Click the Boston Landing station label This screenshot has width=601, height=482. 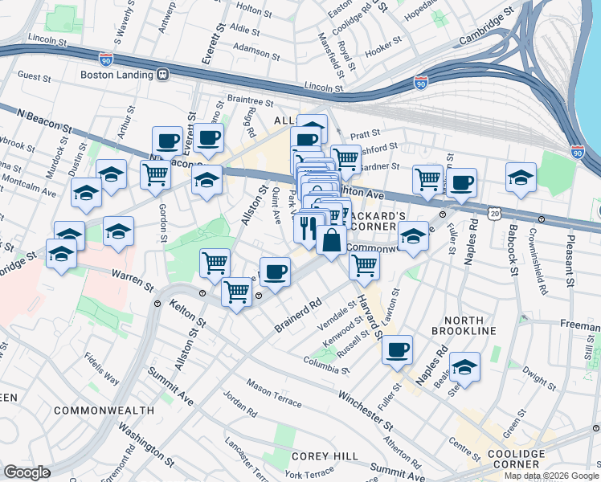tap(117, 75)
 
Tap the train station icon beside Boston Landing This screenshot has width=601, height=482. tap(163, 75)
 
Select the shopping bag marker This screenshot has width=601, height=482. tap(331, 239)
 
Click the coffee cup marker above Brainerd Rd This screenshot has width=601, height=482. tap(275, 272)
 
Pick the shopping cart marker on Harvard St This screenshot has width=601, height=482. tap(366, 264)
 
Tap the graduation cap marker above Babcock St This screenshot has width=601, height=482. tap(521, 177)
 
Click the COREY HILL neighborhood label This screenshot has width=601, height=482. tap(324, 455)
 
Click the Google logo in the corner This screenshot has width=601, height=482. tap(27, 472)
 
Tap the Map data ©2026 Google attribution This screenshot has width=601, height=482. tap(551, 476)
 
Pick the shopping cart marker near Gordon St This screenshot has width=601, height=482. tap(155, 174)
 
